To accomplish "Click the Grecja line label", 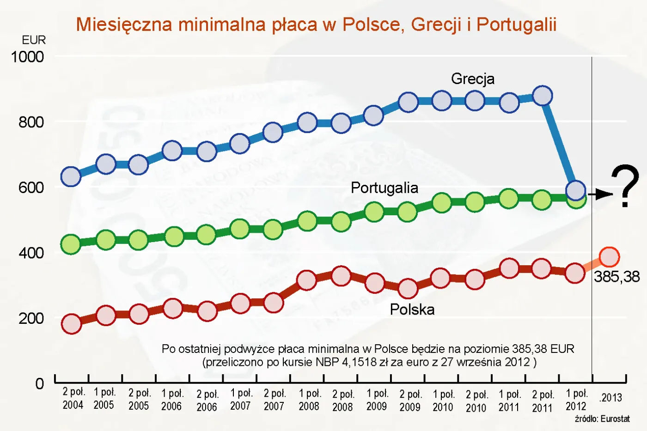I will tap(472, 79).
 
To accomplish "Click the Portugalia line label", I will tap(384, 188).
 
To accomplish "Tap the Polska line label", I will tap(412, 309).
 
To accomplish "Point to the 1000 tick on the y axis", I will tap(27, 57).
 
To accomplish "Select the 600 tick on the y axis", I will tap(31, 188).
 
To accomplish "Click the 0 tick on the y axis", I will tap(40, 383).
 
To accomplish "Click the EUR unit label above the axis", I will tap(34, 40).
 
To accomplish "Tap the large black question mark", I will tap(625, 186).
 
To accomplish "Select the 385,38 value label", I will tap(616, 277).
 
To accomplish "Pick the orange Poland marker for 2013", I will tap(609, 257).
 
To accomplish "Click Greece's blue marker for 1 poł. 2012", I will tap(576, 190).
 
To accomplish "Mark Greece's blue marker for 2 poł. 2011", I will tap(542, 96).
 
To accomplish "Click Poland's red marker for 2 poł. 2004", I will tap(72, 324).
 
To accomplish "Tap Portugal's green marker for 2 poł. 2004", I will tap(71, 244).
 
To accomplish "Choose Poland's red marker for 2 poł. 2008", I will tap(341, 276).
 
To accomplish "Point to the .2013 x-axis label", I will tap(610, 398).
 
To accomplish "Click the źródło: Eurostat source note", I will tap(602, 419).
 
